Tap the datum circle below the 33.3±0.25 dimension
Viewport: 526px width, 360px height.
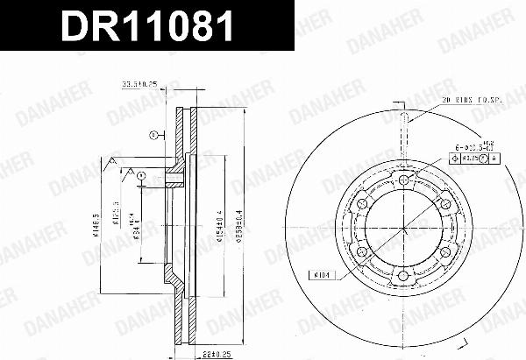pyautogui.click(x=153, y=134)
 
